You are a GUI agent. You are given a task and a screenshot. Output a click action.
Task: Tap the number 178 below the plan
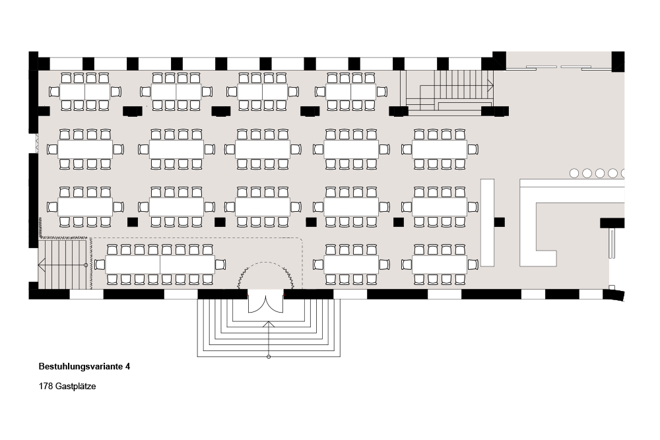(46, 387)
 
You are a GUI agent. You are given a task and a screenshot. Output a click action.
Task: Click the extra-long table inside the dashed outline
(160, 265)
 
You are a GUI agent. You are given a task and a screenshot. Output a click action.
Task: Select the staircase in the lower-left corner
(63, 265)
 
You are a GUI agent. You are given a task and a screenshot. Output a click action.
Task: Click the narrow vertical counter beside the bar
(487, 222)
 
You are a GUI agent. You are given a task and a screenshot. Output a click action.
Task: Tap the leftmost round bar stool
(574, 173)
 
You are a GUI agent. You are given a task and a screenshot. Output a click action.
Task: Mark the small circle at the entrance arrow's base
(269, 357)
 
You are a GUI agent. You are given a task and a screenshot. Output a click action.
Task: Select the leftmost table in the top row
(85, 92)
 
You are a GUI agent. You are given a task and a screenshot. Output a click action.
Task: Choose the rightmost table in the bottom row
(439, 265)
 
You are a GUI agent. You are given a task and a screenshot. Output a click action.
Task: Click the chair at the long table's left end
(100, 265)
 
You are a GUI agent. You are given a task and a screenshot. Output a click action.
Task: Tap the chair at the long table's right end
(220, 265)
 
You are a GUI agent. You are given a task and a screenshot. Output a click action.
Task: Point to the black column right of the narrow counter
(500, 222)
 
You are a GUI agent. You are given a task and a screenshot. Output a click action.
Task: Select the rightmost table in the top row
(350, 92)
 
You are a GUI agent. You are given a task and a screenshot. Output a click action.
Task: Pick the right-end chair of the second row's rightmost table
(473, 149)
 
